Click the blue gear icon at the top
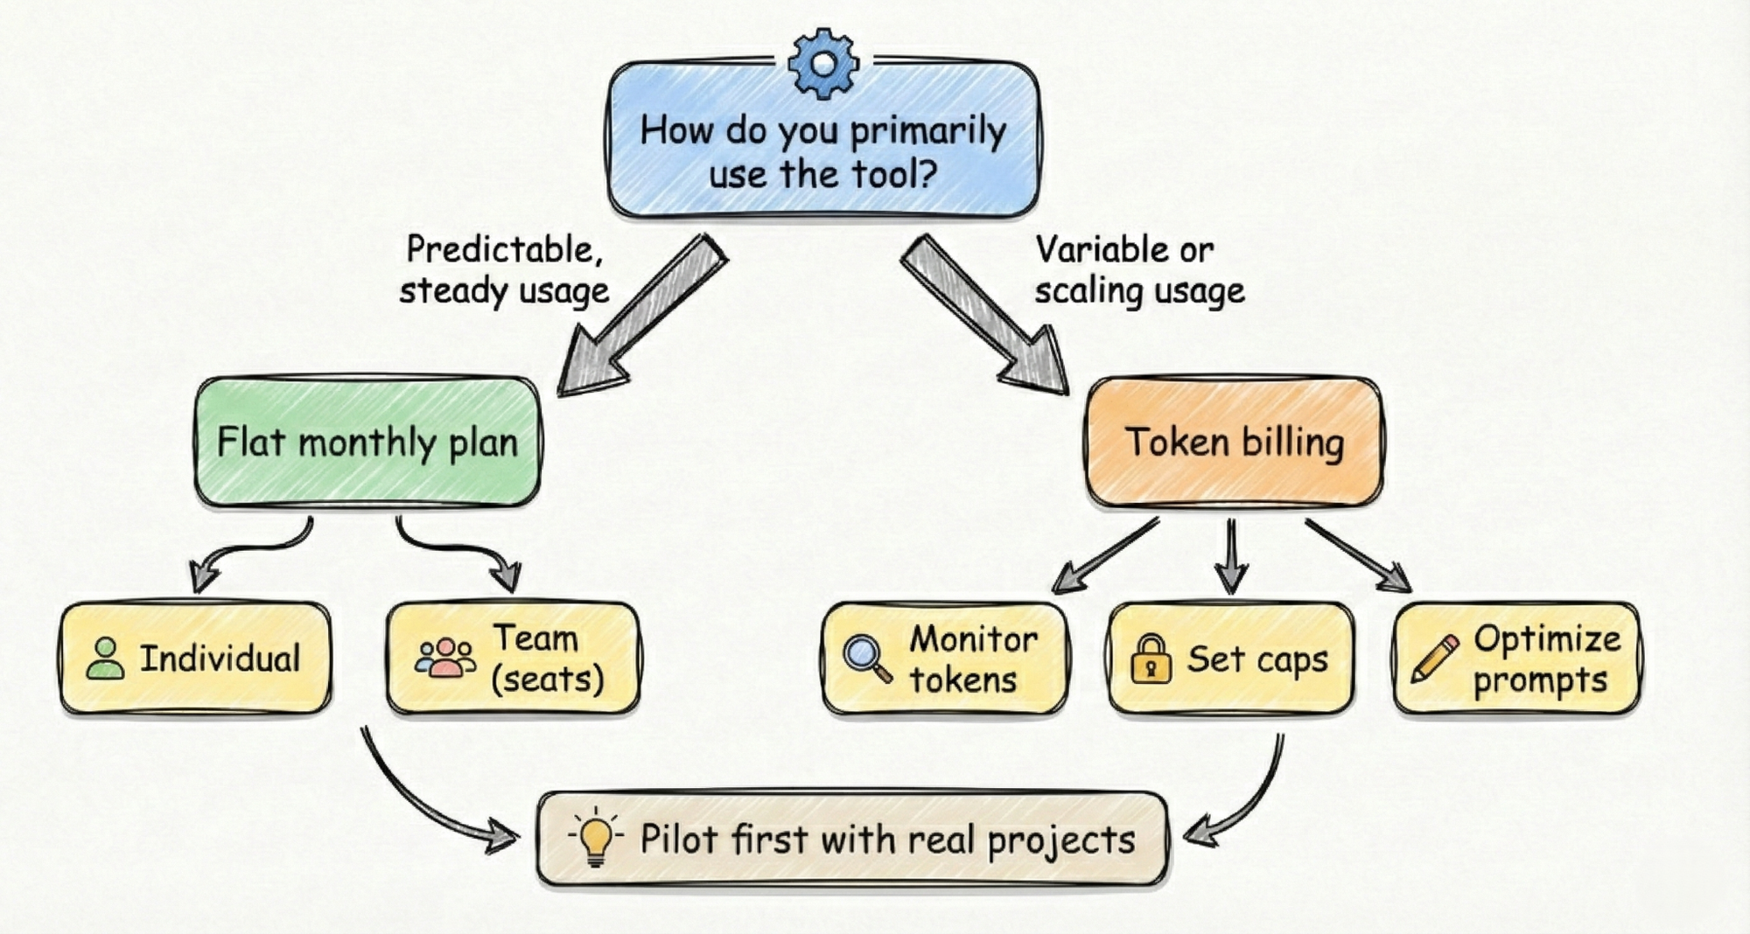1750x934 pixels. (822, 63)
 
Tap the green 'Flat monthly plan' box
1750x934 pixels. (367, 443)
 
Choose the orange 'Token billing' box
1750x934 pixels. (1234, 443)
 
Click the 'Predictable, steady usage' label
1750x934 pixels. (504, 270)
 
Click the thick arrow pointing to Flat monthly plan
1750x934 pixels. (643, 315)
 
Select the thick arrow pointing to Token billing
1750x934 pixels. (984, 315)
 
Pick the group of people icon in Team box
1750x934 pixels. (445, 658)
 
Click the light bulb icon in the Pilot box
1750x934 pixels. (596, 837)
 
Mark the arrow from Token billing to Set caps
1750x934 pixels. (1231, 555)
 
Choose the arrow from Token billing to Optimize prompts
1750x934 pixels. (1356, 555)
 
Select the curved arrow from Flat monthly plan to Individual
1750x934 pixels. (249, 551)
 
